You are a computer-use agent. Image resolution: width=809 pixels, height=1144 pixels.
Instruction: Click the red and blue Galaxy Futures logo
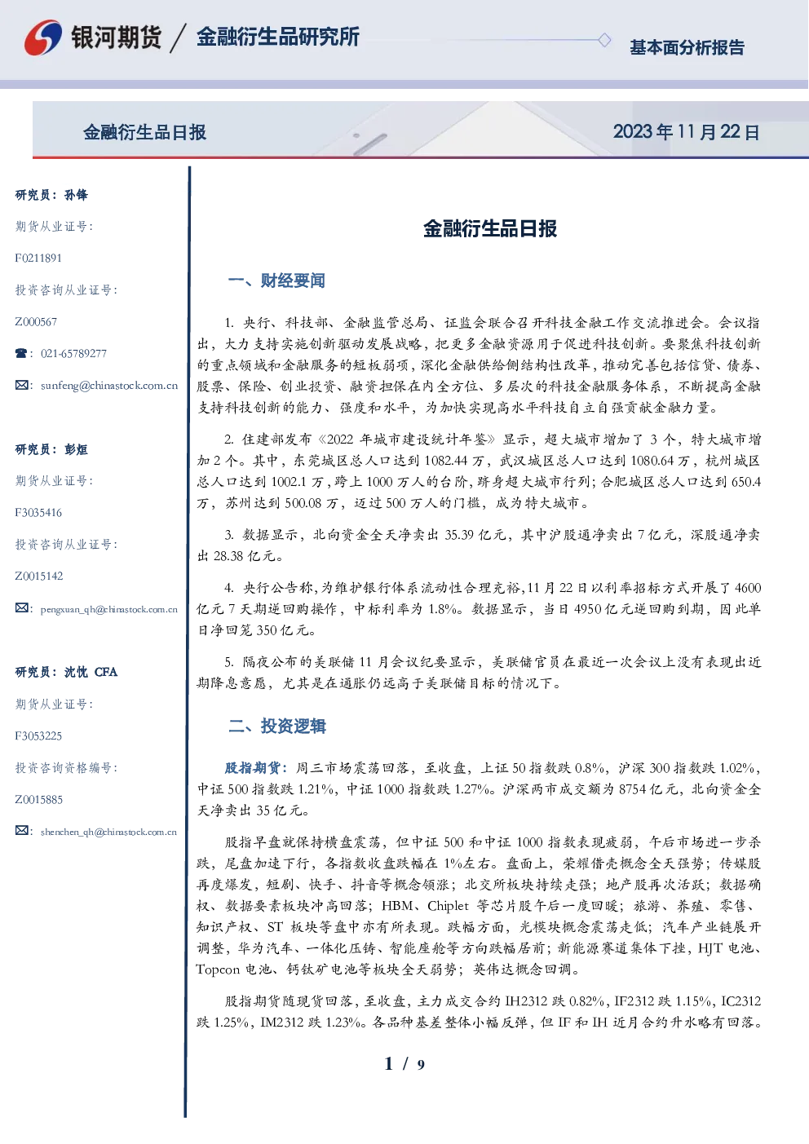(43, 38)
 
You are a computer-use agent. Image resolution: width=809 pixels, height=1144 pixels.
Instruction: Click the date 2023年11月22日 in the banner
(686, 132)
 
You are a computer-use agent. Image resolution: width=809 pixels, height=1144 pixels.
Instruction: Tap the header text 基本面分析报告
(687, 47)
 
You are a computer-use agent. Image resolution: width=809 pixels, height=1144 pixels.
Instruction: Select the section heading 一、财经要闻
(276, 280)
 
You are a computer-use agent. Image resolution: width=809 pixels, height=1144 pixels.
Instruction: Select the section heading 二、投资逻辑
(276, 726)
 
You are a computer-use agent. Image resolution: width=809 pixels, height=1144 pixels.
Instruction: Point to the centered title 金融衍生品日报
(490, 229)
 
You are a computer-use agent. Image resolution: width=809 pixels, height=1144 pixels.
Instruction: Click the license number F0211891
(38, 258)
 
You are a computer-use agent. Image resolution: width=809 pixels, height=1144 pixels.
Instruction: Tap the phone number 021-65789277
(73, 353)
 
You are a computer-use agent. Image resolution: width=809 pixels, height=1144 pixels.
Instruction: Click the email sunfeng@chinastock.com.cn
(108, 386)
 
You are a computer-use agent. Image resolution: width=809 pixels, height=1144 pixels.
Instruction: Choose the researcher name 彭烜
(76, 449)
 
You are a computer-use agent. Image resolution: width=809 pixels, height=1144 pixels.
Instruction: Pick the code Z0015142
(39, 576)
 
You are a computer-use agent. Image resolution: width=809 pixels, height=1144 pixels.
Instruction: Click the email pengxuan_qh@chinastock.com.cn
(108, 609)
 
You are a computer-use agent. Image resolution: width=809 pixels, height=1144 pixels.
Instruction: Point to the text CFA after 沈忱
(106, 672)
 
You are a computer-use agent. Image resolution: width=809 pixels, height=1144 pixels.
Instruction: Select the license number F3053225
(38, 736)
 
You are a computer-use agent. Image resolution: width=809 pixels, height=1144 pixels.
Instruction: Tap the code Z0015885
(39, 799)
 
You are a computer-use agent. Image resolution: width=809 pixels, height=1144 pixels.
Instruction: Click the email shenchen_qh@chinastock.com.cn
(108, 832)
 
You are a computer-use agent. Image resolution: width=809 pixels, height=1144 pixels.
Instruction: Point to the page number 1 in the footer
(389, 1064)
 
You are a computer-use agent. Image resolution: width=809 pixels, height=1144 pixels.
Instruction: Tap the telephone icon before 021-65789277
(21, 353)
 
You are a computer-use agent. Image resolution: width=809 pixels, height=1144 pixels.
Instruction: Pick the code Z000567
(36, 322)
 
